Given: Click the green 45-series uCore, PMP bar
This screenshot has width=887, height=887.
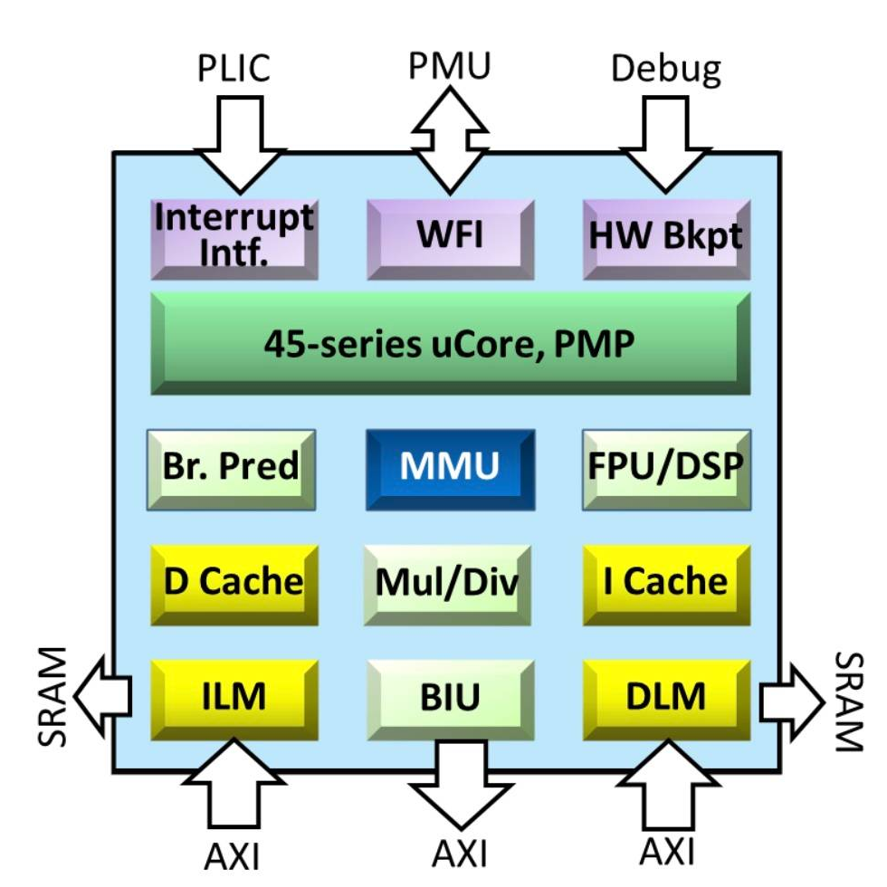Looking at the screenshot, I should [450, 344].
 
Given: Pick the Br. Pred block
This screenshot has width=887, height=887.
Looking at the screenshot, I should [231, 469].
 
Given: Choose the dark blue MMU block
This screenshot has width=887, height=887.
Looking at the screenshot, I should [450, 469].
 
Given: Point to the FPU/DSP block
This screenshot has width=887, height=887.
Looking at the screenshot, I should [666, 469].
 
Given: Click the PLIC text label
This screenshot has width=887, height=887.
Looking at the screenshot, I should [234, 69].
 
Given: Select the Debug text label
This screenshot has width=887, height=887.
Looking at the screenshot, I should [666, 69].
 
